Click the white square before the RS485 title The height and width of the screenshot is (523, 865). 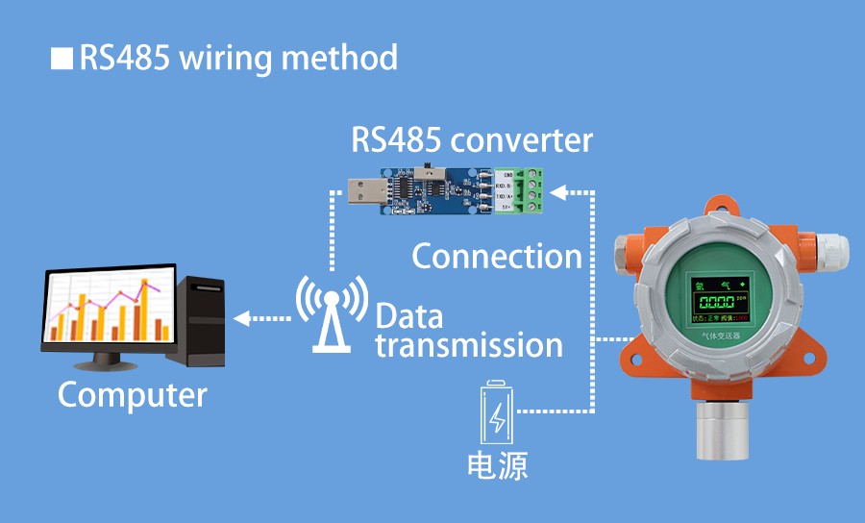62,59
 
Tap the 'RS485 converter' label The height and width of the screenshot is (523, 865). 471,141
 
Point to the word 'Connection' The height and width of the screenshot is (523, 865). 496,257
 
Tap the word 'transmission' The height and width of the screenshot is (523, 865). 468,344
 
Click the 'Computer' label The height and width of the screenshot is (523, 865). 132,394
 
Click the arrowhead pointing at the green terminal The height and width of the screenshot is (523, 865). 567,191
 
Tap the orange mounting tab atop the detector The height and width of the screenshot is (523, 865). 720,205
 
